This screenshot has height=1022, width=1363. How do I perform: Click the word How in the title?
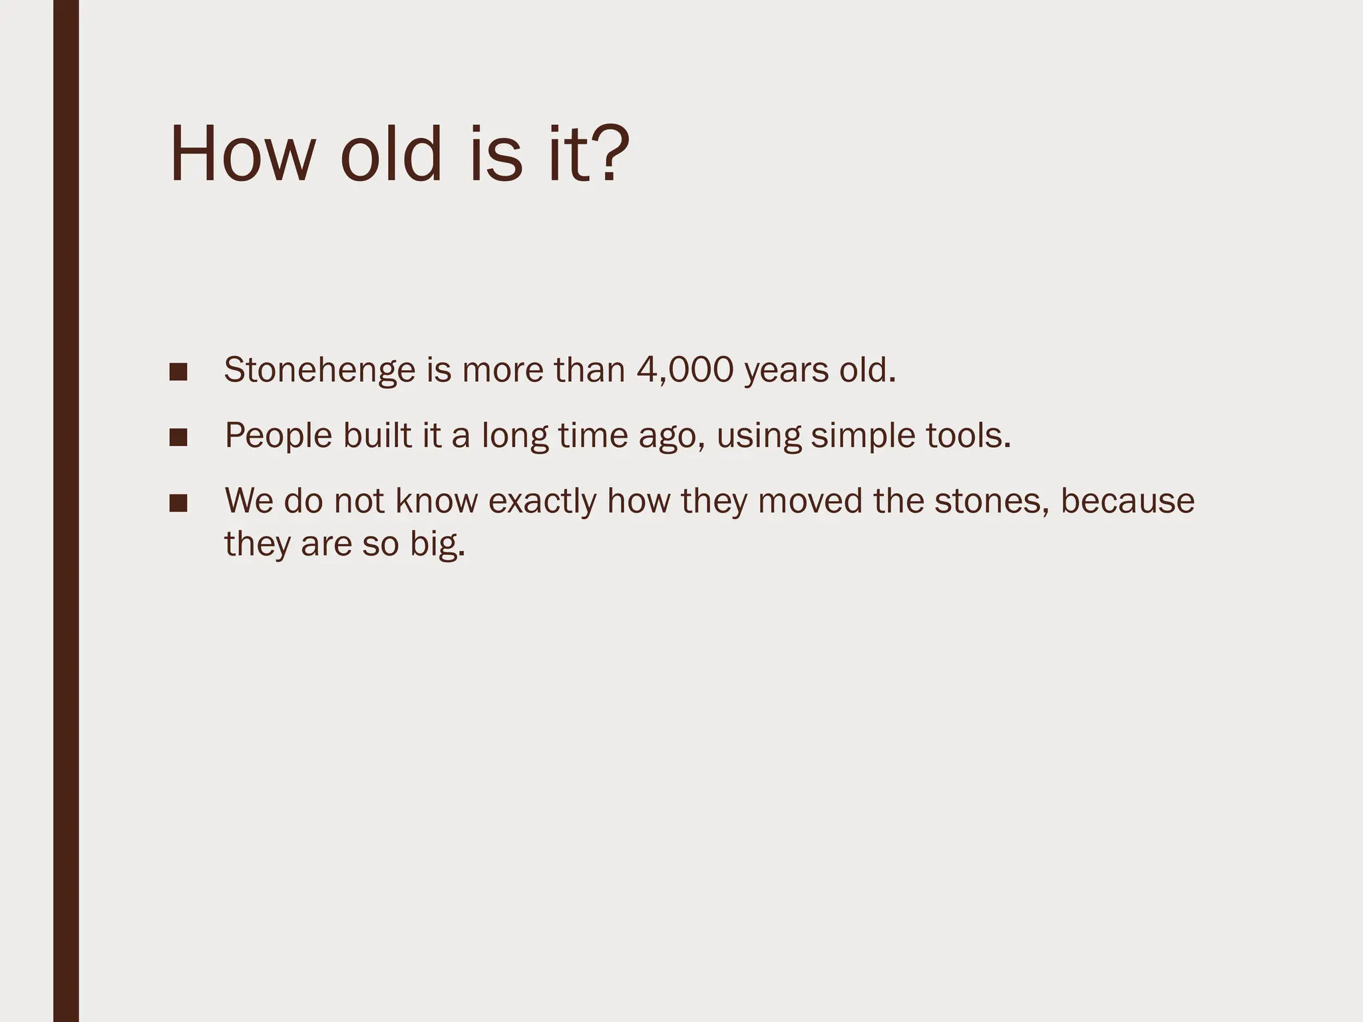coord(241,154)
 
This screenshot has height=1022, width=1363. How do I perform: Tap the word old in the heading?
coord(391,154)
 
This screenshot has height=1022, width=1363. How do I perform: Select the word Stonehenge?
coord(319,370)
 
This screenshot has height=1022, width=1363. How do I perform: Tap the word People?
coord(278,436)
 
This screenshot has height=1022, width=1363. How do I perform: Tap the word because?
coord(1127,501)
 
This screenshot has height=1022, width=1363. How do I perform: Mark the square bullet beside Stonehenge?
coord(178,372)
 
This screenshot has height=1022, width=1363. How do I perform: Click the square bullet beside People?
coord(178,437)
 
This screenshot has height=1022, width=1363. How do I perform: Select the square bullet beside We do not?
coord(178,503)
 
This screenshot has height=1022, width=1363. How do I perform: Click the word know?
coord(437,501)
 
